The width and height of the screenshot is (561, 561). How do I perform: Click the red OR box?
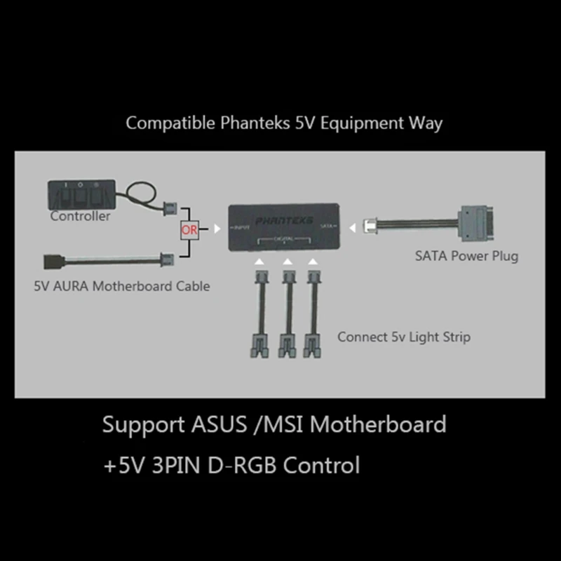[x=189, y=229]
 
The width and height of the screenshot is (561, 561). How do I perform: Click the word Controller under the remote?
[x=80, y=216]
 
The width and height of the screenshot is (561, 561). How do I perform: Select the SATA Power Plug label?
[x=466, y=256]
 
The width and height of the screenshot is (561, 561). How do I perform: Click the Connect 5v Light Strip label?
[x=403, y=337]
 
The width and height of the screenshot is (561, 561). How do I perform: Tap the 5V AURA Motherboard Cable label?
[x=121, y=286]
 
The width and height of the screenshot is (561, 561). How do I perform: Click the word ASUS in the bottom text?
[x=212, y=424]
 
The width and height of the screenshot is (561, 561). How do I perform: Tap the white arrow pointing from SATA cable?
[x=352, y=227]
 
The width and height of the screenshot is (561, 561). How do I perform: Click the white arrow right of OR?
[x=217, y=229]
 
